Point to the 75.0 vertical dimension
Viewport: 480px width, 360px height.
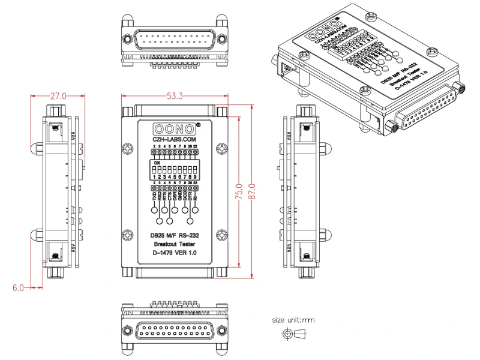click(239, 193)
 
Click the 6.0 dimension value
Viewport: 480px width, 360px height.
click(19, 288)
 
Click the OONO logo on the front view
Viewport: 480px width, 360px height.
click(175, 129)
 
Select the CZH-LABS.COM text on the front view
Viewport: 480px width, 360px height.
click(175, 139)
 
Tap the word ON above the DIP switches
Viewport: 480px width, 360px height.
click(157, 163)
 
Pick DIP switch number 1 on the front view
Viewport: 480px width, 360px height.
click(154, 170)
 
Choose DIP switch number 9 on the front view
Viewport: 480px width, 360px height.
click(196, 170)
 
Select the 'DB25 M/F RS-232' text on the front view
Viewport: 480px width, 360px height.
click(175, 235)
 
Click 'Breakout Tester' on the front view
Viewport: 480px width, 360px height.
click(175, 244)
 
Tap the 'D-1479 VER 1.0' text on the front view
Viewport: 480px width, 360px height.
click(175, 253)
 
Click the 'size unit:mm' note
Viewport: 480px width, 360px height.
click(293, 320)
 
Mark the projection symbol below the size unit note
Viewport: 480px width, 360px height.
click(293, 334)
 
